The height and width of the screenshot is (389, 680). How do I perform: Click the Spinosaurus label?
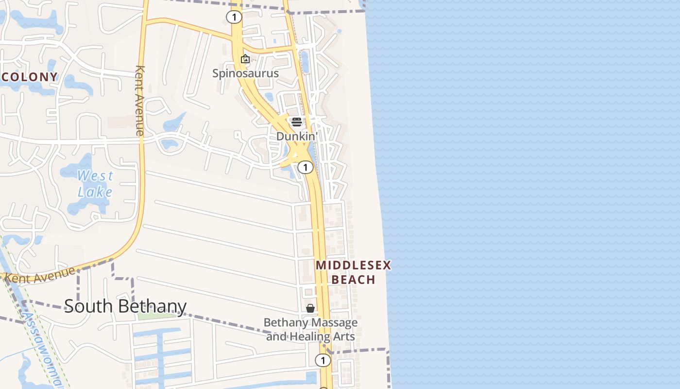click(245, 73)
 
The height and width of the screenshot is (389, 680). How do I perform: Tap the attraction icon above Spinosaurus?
click(245, 59)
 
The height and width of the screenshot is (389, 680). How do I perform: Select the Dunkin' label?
click(296, 137)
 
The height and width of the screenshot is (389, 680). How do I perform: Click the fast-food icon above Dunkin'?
click(296, 122)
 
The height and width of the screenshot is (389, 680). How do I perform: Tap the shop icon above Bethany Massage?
click(310, 308)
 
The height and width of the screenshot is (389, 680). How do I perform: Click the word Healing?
click(309, 336)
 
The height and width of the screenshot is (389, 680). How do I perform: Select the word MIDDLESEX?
click(353, 265)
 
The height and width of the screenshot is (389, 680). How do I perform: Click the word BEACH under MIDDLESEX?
click(353, 280)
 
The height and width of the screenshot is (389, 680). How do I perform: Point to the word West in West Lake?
click(95, 176)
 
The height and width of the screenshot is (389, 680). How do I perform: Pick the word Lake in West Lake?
click(95, 192)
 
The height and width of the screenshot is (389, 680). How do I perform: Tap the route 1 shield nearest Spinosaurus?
click(234, 18)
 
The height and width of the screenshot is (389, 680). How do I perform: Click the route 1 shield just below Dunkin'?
click(305, 168)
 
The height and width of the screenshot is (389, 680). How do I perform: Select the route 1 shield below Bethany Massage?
click(323, 360)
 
